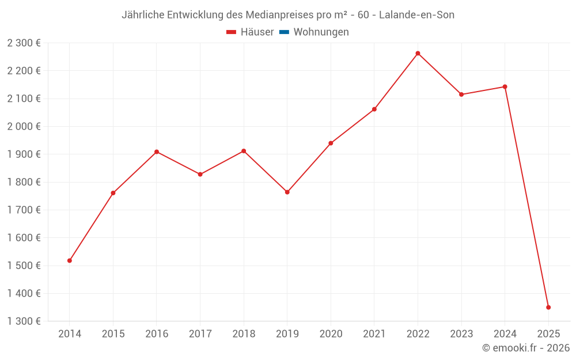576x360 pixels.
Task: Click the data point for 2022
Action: coord(418,54)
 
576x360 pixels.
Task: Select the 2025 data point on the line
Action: coord(548,308)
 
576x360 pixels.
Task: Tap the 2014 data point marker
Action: coord(70,261)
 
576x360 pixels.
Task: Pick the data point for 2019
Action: coord(287,192)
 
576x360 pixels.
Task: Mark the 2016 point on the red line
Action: coord(157,152)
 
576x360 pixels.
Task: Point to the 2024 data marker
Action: coord(505,87)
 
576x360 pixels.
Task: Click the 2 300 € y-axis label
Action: coord(24,43)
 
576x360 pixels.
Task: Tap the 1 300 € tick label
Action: coord(24,321)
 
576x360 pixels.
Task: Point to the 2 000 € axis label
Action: coord(24,126)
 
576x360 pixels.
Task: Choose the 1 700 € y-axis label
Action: coord(24,210)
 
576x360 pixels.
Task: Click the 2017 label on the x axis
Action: coord(200,334)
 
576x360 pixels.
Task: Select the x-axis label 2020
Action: coord(331,334)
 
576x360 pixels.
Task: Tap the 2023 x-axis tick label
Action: coord(461,334)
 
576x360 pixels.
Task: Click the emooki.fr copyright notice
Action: coord(525,348)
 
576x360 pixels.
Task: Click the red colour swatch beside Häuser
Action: coord(232,32)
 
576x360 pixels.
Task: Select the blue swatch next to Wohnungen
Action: coord(284,32)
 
